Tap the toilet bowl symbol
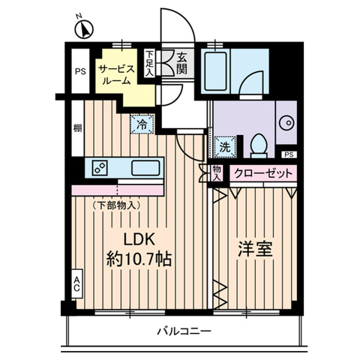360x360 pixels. coord(258,142)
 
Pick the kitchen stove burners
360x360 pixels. coord(100,168)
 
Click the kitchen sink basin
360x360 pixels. coord(143,166)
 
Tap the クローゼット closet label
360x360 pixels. coord(262,173)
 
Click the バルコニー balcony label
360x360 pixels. coord(184,331)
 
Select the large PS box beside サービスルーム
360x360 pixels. coord(79,72)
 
